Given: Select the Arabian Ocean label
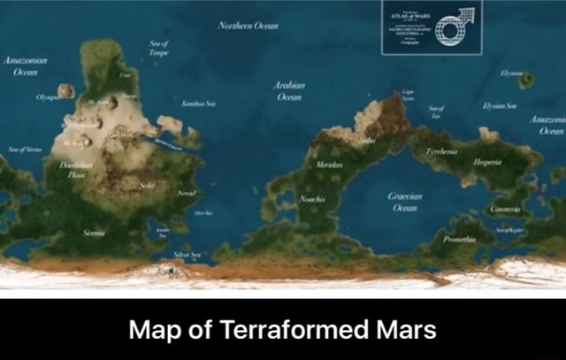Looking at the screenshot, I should tap(292, 91).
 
